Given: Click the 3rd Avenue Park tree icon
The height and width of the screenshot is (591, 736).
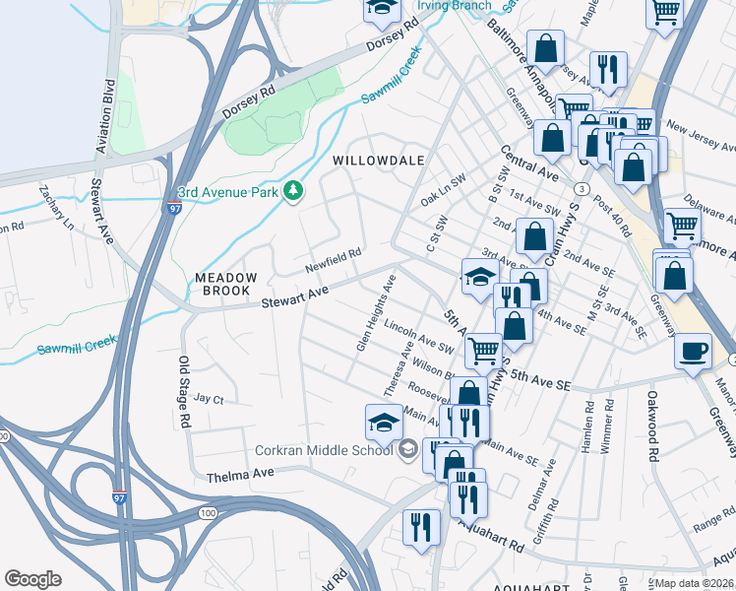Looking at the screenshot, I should tap(292, 190).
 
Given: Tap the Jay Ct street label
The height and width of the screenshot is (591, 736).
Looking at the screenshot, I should tap(209, 399).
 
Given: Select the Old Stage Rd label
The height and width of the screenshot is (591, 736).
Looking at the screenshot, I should tap(183, 391).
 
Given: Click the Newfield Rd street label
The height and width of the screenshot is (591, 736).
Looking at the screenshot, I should tap(333, 259).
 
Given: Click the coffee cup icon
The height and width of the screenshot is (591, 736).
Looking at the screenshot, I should tap(693, 351).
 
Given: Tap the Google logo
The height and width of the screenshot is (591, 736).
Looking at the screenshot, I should tap(32, 579).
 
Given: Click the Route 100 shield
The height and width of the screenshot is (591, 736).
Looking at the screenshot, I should tap(208, 513).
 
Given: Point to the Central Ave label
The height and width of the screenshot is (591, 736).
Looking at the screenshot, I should tap(528, 167).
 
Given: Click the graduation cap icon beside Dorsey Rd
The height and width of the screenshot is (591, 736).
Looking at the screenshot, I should tap(382, 10).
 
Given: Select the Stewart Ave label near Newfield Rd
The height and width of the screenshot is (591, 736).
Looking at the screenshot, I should tap(294, 294).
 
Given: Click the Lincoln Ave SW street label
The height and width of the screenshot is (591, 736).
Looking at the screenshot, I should tap(418, 336).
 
